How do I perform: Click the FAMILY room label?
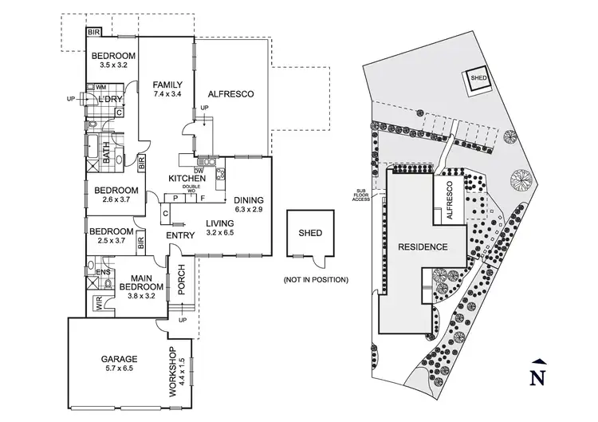(168, 85)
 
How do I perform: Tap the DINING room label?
(249, 200)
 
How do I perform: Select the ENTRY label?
(180, 236)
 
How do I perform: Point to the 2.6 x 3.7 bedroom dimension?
(116, 201)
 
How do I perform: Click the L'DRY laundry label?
(111, 99)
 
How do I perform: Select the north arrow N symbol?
(539, 375)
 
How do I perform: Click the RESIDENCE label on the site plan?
(423, 247)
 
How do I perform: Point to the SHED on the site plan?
(478, 78)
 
